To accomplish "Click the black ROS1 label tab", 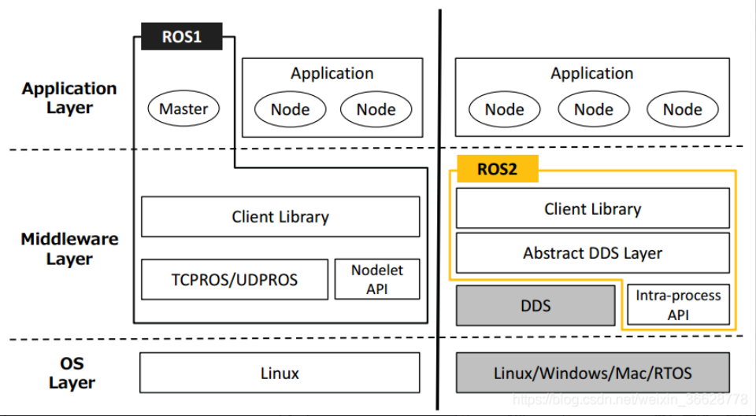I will pos(181,37).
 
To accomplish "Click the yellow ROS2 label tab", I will pos(497,169).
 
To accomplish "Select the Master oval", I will pos(183,109).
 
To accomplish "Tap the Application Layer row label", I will pos(69,98).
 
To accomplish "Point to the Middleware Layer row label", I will pos(69,248).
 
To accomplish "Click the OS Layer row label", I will pos(72,373).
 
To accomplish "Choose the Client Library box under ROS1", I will pos(280,217).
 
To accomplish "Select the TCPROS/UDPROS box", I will pos(234,279).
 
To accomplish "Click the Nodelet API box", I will pos(377,279).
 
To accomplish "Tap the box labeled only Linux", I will pos(280,373).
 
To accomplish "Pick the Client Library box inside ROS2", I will pos(592,209).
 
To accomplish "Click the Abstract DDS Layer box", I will pos(592,253).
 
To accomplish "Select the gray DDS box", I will pos(535,305).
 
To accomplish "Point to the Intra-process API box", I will pos(678,305).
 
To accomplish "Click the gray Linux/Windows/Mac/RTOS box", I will pos(592,373).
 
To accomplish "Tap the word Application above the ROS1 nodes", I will pos(332,73).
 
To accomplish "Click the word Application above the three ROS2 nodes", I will pos(591,73).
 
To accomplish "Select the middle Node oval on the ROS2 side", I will pos(593,109).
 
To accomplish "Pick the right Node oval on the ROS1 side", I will pos(376,109).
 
